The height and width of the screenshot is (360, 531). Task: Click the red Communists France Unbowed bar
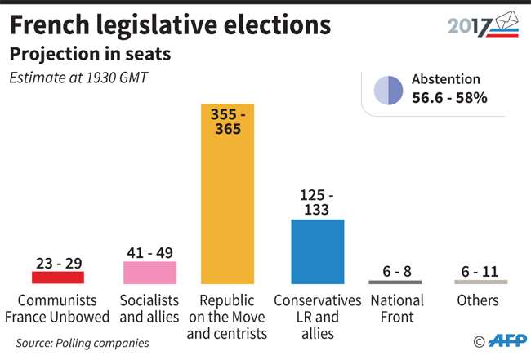[x=58, y=278]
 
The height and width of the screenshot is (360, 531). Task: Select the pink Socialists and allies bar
[x=149, y=273]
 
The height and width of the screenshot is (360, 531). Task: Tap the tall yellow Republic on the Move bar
[x=228, y=193]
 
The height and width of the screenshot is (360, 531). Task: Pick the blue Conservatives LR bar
[x=318, y=251]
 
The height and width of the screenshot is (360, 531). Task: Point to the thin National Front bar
[x=395, y=282]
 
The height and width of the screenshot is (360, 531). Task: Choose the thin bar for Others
[x=481, y=282]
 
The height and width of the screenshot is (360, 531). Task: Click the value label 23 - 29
[x=60, y=263]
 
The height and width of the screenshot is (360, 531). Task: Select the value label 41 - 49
[x=150, y=253]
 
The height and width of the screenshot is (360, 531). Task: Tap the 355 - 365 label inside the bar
[x=228, y=122]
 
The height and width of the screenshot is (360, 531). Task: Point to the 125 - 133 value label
[x=317, y=202]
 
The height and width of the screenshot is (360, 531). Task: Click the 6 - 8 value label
[x=397, y=271]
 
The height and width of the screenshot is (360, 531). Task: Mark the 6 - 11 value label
[x=480, y=271]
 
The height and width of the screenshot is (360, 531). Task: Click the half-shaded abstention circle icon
[x=388, y=91]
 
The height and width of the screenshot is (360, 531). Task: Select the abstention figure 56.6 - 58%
[x=449, y=98]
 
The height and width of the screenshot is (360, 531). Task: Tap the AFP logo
[x=507, y=340]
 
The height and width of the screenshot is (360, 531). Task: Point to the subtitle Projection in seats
[x=90, y=54]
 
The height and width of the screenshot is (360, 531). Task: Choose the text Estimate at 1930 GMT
[x=78, y=78]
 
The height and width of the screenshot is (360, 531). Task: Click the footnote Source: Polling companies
[x=83, y=343]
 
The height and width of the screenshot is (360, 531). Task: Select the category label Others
[x=478, y=300]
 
